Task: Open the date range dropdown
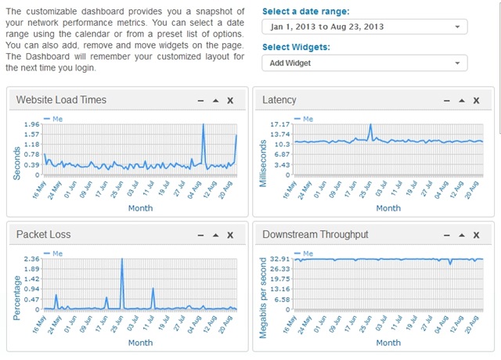pyautogui.click(x=365, y=27)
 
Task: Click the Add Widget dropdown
pyautogui.click(x=365, y=63)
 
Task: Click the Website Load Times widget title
pyautogui.click(x=61, y=100)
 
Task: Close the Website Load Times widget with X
pyautogui.click(x=229, y=101)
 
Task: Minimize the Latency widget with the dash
pyautogui.click(x=447, y=101)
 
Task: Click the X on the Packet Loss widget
pyautogui.click(x=229, y=235)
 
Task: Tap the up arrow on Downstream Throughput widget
pyautogui.click(x=462, y=235)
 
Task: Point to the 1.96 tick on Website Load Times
pyautogui.click(x=31, y=124)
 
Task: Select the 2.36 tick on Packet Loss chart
pyautogui.click(x=31, y=259)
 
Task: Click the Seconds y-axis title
pyautogui.click(x=16, y=153)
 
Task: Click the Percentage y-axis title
pyautogui.click(x=16, y=288)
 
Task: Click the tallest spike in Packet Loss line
pyautogui.click(x=122, y=259)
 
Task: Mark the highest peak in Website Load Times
pyautogui.click(x=203, y=124)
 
